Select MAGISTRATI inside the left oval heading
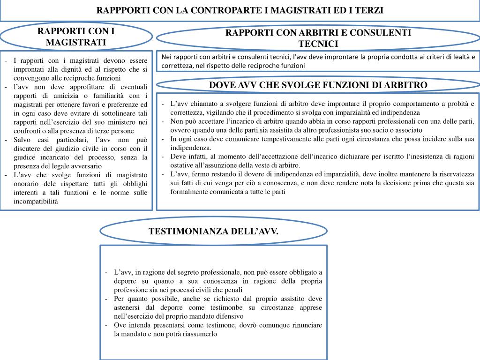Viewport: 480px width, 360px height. [76, 43]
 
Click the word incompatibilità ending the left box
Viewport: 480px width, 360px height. [36, 201]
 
